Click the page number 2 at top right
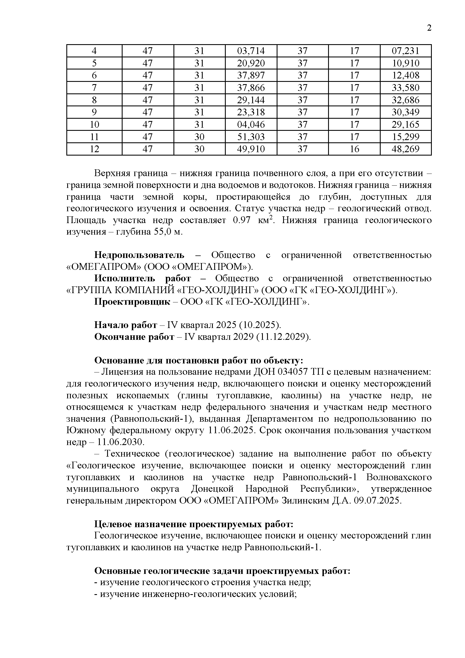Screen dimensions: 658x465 pos(429,28)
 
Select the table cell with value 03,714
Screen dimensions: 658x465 pos(251,51)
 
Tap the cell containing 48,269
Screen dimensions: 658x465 pos(405,149)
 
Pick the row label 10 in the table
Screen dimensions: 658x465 pos(94,125)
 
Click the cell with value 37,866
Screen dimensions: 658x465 pos(251,88)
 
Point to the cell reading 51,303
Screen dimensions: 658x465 pos(251,137)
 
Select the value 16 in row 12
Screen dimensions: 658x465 pos(354,149)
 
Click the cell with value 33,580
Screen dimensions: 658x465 pos(405,88)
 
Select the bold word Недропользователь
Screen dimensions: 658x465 pos(139,255)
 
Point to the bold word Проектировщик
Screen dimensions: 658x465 pos(132,302)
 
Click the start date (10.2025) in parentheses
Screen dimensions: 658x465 pos(260,325)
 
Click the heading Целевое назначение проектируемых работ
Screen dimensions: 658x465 pos(193,524)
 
